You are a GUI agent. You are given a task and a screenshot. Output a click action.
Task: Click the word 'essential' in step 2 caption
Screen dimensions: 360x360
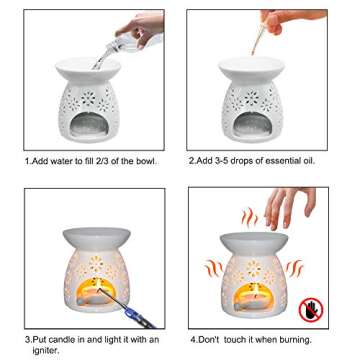click(281, 159)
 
